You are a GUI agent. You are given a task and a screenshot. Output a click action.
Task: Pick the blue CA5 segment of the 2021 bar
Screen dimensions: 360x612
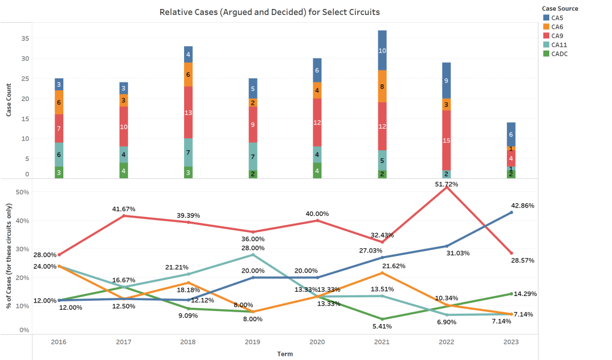tap(382, 50)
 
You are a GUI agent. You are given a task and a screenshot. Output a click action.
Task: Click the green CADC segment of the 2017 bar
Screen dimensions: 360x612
tap(123, 170)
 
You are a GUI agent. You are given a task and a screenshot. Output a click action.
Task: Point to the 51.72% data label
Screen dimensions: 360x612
tap(446, 184)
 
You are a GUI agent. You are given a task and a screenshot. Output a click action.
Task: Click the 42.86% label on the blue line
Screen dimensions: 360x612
tap(523, 205)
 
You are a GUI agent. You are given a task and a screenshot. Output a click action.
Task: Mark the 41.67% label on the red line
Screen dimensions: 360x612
tap(123, 209)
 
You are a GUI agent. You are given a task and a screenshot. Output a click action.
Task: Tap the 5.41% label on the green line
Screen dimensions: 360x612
tap(382, 327)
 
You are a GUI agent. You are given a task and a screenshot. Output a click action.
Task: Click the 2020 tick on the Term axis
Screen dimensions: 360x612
tap(317, 342)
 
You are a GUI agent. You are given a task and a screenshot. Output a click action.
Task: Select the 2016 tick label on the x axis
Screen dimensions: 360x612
tap(59, 342)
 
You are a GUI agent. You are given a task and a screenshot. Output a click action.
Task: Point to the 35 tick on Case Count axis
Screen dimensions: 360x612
tap(25, 38)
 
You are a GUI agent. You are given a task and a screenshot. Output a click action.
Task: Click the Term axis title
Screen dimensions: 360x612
tap(285, 353)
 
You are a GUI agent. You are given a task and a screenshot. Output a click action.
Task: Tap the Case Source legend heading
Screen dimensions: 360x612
tap(559, 8)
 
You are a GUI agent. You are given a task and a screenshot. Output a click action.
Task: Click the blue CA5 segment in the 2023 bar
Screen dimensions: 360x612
tap(511, 135)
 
